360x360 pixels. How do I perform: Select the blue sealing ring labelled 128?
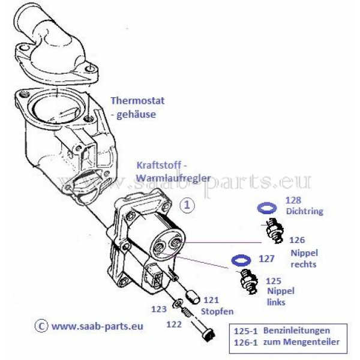[266, 208]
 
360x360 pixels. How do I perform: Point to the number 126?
[297, 240]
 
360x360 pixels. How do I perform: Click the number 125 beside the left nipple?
[274, 280]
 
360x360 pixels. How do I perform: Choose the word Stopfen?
[217, 311]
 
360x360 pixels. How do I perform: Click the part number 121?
[211, 300]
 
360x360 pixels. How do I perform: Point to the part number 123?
[158, 310]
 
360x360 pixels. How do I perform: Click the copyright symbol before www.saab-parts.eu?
[41, 326]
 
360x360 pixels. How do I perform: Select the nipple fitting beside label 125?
[248, 278]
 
